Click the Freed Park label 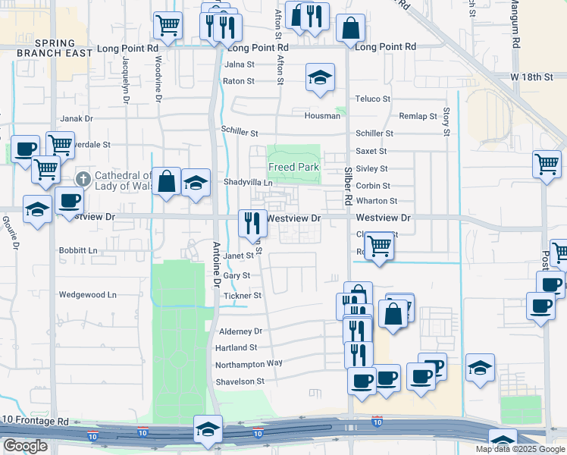click(x=293, y=167)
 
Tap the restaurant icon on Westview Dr click(x=252, y=222)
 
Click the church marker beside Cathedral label click(x=83, y=180)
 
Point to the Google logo click(x=25, y=446)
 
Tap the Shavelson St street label click(x=240, y=381)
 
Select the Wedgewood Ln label click(x=88, y=294)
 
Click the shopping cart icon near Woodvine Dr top click(x=168, y=25)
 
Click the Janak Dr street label click(x=76, y=118)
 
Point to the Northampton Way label click(x=249, y=363)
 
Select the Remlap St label click(x=418, y=116)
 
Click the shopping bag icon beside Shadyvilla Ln click(x=167, y=182)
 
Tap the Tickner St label click(x=242, y=295)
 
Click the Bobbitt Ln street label click(x=78, y=249)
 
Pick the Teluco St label click(x=373, y=99)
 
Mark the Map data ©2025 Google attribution click(x=521, y=449)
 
